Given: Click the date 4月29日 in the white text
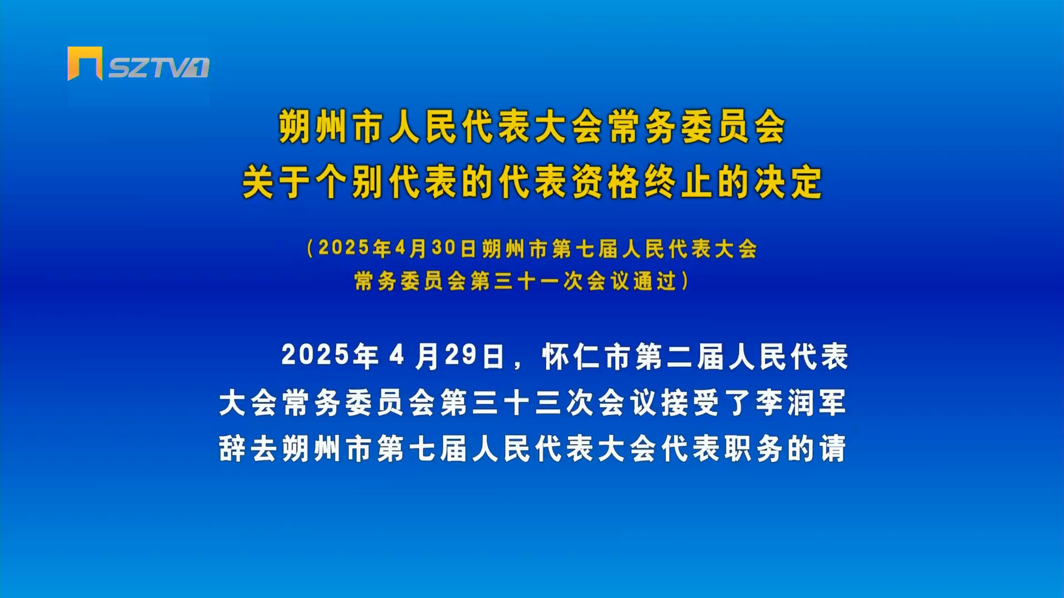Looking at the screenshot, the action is tap(447, 356).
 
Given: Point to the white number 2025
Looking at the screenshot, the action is tap(315, 355).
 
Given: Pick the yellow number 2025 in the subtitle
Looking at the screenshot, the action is tap(344, 248).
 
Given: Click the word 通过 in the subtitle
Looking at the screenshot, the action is tap(655, 281).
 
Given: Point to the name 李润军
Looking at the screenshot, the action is tap(801, 403).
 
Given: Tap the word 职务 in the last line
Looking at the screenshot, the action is tap(753, 448).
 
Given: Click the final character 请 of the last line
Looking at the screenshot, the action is tap(833, 448).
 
